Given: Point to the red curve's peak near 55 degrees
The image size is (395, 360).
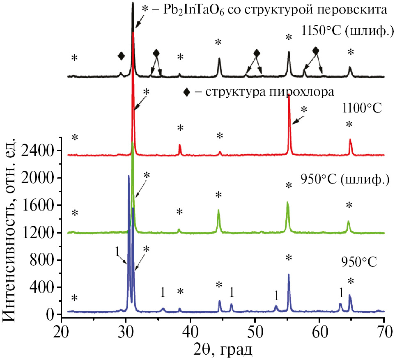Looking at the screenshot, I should (289, 95).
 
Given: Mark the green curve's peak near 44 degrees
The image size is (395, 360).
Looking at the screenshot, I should (218, 211).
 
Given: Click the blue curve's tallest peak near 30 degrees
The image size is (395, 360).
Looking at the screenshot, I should (129, 177).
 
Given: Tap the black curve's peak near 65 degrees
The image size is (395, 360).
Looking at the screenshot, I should (350, 67).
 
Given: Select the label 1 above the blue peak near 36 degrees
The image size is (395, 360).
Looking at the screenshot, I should (163, 292).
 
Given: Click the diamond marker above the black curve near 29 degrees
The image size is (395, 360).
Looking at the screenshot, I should (121, 56).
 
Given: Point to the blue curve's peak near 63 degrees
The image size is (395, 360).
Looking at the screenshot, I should (340, 304).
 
